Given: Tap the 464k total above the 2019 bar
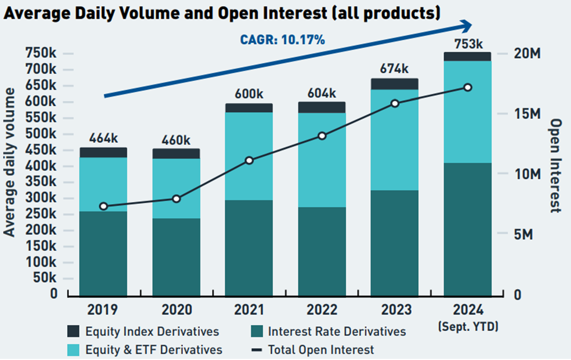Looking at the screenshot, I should pyautogui.click(x=103, y=138).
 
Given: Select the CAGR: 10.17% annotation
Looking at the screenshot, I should pyautogui.click(x=282, y=40).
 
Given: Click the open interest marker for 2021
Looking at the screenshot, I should pyautogui.click(x=249, y=161).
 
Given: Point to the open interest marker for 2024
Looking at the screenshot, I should pyautogui.click(x=468, y=87).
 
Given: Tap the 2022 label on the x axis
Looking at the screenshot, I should pyautogui.click(x=322, y=310).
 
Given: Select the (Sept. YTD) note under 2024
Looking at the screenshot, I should pyautogui.click(x=468, y=326).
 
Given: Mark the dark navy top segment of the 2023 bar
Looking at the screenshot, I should pyautogui.click(x=394, y=84).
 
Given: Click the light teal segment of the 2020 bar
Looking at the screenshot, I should pyautogui.click(x=176, y=188).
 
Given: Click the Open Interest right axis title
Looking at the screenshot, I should pyautogui.click(x=555, y=166).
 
